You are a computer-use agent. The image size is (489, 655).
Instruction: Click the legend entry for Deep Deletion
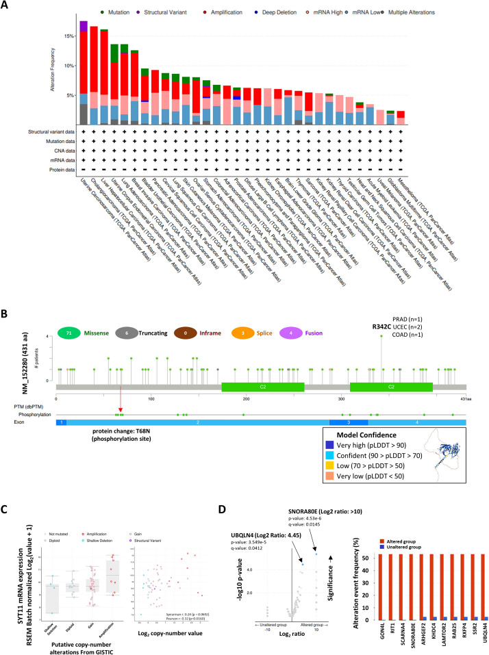point(291,12)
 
